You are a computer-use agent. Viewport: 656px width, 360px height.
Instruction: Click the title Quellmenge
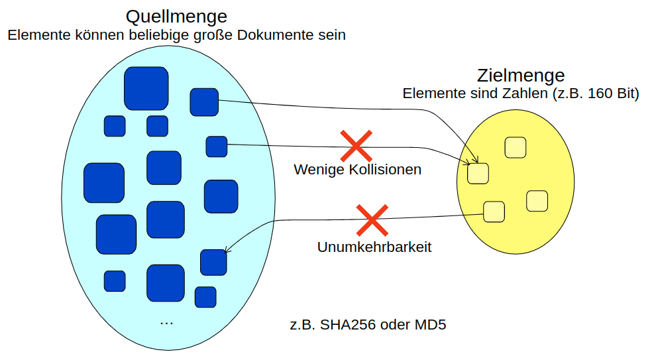[x=176, y=15]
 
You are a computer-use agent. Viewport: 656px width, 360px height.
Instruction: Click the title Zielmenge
[x=520, y=75]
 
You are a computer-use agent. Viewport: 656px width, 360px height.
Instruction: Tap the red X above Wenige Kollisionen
[x=355, y=146]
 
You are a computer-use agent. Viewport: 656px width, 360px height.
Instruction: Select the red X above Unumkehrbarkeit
[x=372, y=220]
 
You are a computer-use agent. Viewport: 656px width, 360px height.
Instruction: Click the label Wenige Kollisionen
[x=357, y=170]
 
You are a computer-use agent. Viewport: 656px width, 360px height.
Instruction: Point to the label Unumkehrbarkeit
[x=374, y=247]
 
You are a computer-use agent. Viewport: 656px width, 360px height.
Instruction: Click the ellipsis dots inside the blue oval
[x=166, y=322]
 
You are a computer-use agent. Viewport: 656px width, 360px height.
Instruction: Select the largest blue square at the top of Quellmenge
[x=146, y=88]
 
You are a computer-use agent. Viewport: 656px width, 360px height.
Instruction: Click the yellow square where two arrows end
[x=478, y=173]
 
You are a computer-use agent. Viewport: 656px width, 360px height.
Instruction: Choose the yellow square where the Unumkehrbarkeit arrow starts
[x=494, y=211]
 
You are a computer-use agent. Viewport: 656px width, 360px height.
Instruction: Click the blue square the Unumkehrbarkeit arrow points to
[x=213, y=262]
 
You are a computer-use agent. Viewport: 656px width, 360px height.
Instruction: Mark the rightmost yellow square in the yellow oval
[x=537, y=201]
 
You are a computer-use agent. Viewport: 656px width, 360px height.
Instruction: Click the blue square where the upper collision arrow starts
[x=204, y=101]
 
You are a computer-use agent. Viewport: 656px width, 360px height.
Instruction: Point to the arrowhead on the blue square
[x=227, y=251]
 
